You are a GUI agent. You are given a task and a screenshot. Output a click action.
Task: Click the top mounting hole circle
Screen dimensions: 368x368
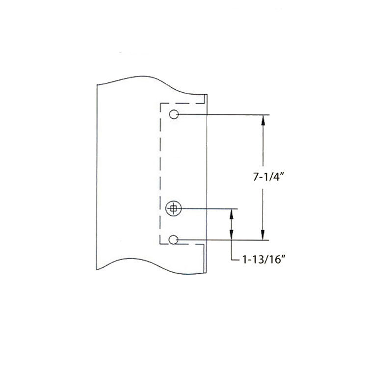pos(173,115)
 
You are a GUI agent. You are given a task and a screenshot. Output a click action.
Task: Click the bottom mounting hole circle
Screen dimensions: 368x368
pos(173,239)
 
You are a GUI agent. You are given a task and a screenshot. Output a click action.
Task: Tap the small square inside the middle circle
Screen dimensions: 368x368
pos(173,209)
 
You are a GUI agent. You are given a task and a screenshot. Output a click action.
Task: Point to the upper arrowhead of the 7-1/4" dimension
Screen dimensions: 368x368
pos(264,119)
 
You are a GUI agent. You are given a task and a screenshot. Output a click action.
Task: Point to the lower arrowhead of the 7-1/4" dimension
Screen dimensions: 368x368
pos(264,235)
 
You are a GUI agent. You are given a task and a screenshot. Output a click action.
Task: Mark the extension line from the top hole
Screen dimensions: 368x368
pos(226,115)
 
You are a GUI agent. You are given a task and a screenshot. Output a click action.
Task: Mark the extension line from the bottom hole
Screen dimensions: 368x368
pos(226,240)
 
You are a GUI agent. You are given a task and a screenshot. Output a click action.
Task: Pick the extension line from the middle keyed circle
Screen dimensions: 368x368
pos(211,209)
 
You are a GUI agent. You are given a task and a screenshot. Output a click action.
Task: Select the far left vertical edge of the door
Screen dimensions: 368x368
pos(97,177)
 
